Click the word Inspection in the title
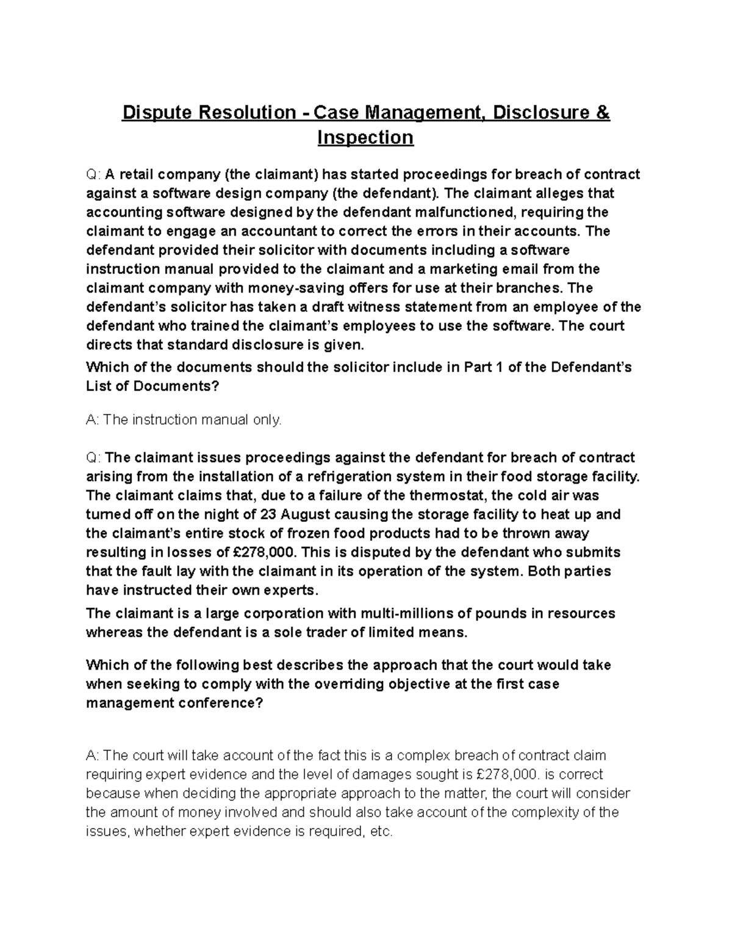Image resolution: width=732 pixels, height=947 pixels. pyautogui.click(x=365, y=138)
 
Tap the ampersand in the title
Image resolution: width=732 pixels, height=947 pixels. pyautogui.click(x=603, y=113)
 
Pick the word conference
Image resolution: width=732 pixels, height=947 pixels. pyautogui.click(x=220, y=702)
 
